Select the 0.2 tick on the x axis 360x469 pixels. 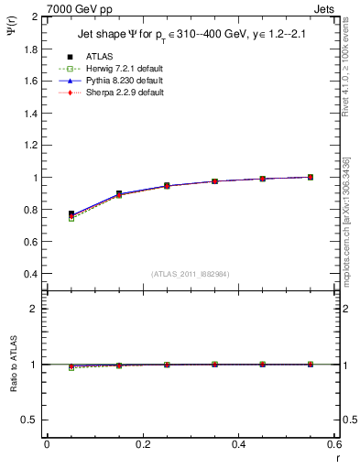pos(142,444)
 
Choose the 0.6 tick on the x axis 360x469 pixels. pos(333,444)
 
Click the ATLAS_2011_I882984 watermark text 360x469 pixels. pos(191,275)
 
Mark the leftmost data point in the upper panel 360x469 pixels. pos(71,214)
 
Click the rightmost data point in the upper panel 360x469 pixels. pos(311,177)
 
